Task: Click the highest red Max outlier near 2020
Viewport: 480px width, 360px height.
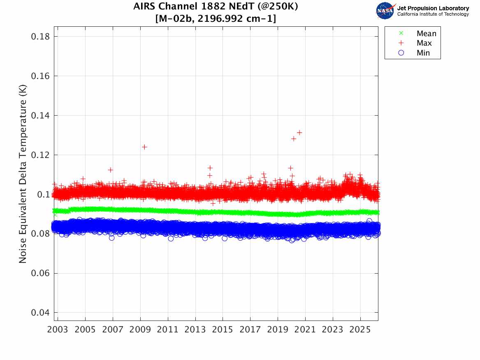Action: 299,132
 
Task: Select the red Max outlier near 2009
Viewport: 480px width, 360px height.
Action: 144,147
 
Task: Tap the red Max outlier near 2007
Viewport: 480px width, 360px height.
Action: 110,170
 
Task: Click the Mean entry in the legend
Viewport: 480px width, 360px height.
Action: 426,34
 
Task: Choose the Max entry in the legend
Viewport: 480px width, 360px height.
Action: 424,43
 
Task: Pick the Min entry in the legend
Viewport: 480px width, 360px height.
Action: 423,53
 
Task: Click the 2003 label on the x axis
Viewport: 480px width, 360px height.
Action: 58,330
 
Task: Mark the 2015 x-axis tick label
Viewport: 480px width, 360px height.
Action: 223,330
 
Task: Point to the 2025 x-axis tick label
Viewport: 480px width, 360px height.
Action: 360,330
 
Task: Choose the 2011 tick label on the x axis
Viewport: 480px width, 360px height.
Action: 168,330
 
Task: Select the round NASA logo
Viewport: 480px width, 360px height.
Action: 385,11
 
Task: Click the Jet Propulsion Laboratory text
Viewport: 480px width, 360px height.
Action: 433,8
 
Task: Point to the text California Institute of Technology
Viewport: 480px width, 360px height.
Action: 433,14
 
